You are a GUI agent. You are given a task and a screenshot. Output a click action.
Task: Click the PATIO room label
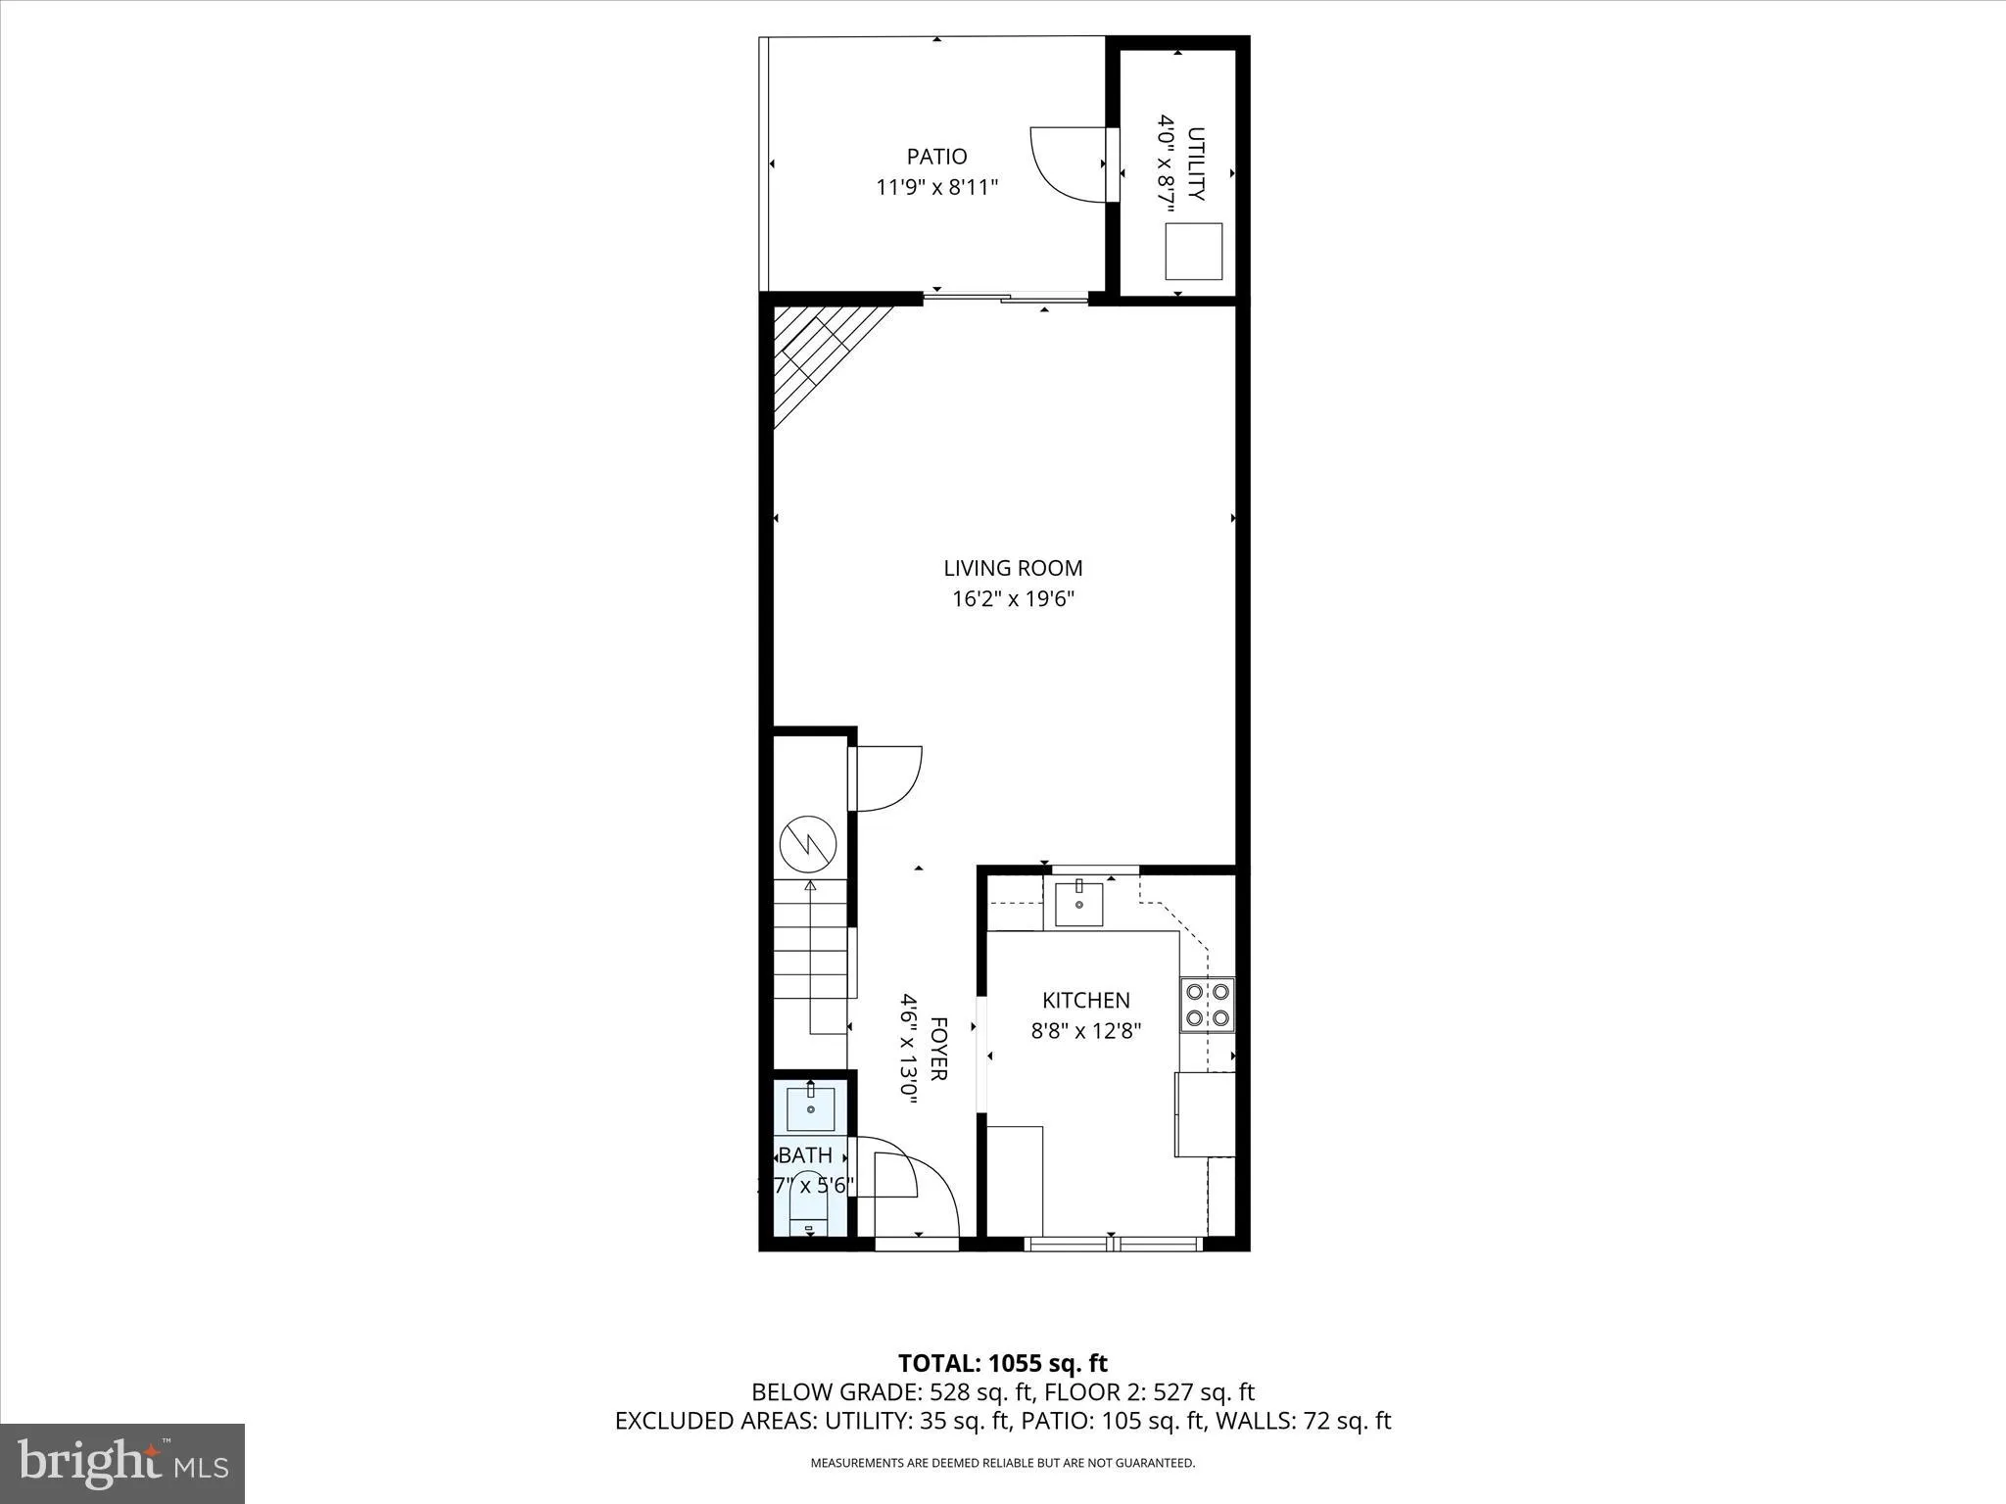936,157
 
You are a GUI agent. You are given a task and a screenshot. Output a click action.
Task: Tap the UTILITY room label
1196,164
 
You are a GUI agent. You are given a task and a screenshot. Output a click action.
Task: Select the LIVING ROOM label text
1013,568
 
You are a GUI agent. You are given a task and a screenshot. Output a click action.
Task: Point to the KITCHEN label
1085,1000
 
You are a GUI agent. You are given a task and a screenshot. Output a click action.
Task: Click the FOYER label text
937,1049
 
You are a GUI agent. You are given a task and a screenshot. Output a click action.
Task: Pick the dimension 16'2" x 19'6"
1013,599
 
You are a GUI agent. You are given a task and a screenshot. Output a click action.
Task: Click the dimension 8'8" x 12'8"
1085,1031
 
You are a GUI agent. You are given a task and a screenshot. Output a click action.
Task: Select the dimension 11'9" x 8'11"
936,187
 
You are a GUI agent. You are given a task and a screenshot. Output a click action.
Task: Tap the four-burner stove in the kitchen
1207,1005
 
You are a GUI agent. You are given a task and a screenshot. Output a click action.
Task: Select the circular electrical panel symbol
808,844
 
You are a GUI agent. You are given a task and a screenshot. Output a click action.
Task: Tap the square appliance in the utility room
1193,251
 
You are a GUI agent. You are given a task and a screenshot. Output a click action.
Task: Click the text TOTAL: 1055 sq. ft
1002,1363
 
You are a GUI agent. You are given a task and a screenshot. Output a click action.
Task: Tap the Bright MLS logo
122,1463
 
